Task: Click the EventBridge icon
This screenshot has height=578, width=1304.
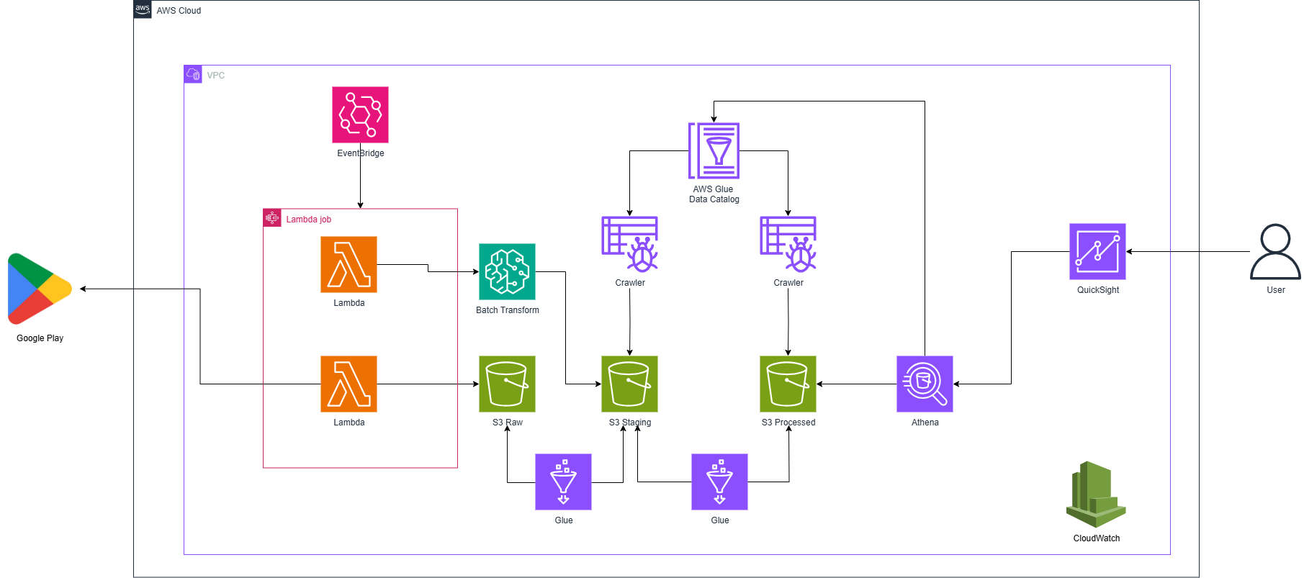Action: (x=360, y=115)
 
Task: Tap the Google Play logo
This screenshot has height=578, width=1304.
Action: (x=40, y=289)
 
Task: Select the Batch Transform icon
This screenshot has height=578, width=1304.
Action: (x=507, y=271)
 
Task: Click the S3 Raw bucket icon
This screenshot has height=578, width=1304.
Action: (x=507, y=384)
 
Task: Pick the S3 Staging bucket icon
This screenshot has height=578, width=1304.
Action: (x=629, y=384)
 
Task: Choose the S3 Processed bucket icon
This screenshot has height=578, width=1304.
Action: (x=788, y=384)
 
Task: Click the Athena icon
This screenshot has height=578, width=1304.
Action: (x=925, y=384)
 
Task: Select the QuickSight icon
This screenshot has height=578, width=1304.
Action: (x=1097, y=251)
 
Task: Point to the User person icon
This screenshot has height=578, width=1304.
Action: (x=1275, y=251)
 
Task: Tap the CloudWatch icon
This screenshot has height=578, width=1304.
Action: (x=1096, y=495)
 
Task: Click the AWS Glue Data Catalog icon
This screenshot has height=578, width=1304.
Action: (x=714, y=150)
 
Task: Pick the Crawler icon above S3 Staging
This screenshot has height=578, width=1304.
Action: (x=629, y=244)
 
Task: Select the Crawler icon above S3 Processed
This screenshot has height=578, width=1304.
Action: (x=788, y=244)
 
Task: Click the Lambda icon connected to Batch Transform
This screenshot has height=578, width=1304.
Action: (x=349, y=264)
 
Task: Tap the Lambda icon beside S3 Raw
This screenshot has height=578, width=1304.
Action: (x=349, y=384)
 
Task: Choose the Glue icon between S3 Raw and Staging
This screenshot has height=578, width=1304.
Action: (x=563, y=482)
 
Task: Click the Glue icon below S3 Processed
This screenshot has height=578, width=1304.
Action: (x=719, y=482)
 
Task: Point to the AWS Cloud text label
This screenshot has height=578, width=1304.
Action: (x=179, y=11)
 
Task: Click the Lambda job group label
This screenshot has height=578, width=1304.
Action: (x=308, y=220)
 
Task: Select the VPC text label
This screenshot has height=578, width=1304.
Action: (x=215, y=76)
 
